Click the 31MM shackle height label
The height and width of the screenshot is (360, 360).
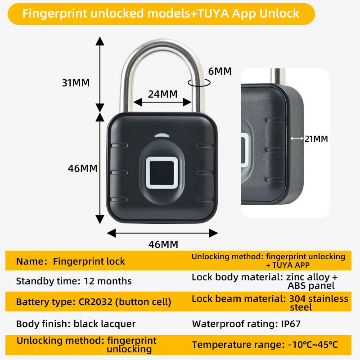pyautogui.click(x=76, y=83)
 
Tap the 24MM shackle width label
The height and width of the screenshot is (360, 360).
pyautogui.click(x=163, y=94)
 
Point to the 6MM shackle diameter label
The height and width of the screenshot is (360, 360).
pyautogui.click(x=220, y=71)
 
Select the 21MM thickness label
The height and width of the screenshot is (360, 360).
pyautogui.click(x=316, y=139)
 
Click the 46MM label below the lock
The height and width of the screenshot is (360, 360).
pyautogui.click(x=163, y=244)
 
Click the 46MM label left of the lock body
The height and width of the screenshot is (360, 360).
pyautogui.click(x=83, y=168)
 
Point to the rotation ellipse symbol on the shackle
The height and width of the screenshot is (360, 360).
pyautogui.click(x=199, y=82)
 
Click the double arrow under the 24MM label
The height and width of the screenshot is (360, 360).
pyautogui.click(x=163, y=102)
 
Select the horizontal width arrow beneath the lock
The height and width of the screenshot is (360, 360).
pyautogui.click(x=162, y=233)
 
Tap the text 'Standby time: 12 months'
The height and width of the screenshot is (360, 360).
pyautogui.click(x=74, y=281)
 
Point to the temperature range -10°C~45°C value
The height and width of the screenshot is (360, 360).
pyautogui.click(x=313, y=345)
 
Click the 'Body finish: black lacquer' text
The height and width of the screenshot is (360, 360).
pyautogui.click(x=76, y=324)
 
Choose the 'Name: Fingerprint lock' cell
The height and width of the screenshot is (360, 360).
pyautogui.click(x=71, y=261)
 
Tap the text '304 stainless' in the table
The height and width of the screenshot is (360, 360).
pyautogui.click(x=319, y=298)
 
